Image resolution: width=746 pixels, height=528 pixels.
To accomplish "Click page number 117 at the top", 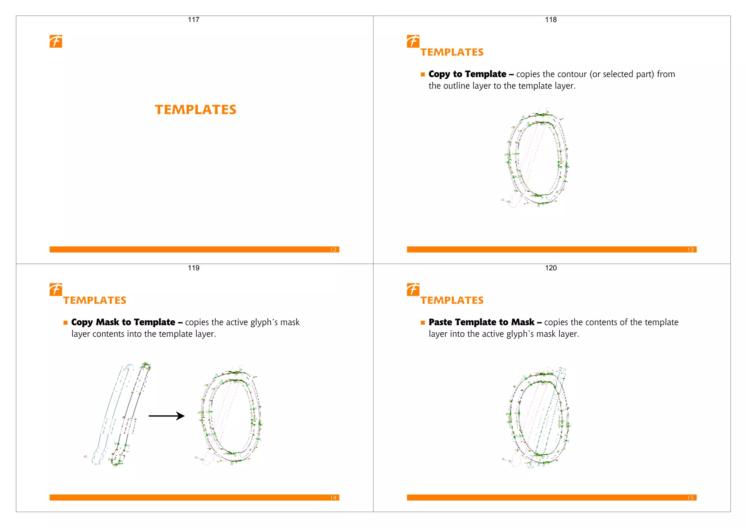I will pos(193,20).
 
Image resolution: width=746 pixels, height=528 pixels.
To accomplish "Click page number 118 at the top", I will pos(551,20).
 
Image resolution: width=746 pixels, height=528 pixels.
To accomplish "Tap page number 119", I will pos(193,268).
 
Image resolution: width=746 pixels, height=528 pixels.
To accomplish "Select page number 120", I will pos(551,268).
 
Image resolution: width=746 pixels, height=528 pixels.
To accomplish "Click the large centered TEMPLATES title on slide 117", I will pos(196,110).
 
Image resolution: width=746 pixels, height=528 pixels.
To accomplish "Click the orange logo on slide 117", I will pos(56,41).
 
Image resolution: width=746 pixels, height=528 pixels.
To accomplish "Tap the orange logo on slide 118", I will pos(413,41).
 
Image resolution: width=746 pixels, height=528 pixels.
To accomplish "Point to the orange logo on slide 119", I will pos(56,289).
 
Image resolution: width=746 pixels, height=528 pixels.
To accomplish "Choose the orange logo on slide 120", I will pos(413,289).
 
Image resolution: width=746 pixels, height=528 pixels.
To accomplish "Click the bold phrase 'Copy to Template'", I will pos(467,74).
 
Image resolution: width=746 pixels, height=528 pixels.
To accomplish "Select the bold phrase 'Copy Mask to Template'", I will pos(123,322).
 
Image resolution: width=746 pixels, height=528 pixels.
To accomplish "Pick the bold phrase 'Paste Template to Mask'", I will pos(481,322).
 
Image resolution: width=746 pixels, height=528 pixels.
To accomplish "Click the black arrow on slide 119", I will pos(166,416).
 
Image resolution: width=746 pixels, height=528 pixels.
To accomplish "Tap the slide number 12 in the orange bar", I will pos(333,250).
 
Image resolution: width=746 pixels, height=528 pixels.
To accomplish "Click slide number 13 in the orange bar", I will pos(690,250).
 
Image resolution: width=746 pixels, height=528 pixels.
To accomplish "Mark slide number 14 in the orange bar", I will pos(333,498).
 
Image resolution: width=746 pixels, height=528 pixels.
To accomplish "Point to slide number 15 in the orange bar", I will pos(690,498).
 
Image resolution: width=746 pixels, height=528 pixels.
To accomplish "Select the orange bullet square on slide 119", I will pos(66,322).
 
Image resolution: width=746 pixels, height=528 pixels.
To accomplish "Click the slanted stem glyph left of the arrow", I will pos(120,415).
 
